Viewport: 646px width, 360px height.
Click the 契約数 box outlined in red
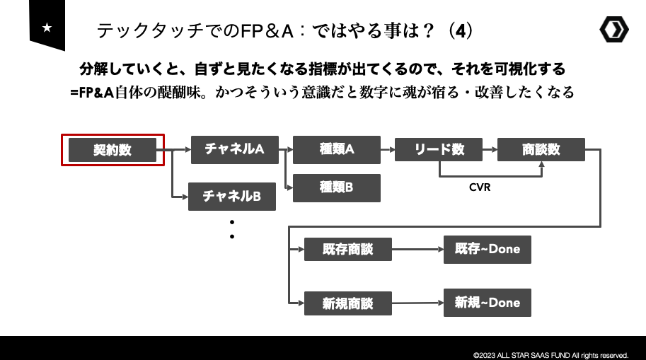pos(113,150)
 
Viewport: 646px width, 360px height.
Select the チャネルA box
pos(234,149)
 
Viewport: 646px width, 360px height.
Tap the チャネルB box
pos(231,196)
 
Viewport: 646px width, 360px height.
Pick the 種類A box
pos(336,149)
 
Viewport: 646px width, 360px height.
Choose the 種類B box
pos(336,187)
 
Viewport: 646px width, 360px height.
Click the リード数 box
pos(439,149)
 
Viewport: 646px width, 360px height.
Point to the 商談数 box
pos(541,149)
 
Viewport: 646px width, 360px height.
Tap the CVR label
pos(480,188)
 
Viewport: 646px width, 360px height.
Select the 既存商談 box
pos(347,250)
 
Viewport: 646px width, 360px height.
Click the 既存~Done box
pos(487,250)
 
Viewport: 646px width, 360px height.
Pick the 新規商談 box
pos(347,303)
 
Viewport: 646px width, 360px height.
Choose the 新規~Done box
pos(487,303)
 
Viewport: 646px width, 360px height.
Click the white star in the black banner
pos(47,28)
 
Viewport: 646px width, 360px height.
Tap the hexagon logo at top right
pos(613,29)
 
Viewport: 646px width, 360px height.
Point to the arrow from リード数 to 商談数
pos(490,149)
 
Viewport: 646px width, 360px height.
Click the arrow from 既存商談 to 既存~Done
pos(417,250)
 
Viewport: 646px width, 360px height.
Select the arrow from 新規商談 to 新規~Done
pos(417,303)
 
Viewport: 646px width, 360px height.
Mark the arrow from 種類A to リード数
pos(388,149)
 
